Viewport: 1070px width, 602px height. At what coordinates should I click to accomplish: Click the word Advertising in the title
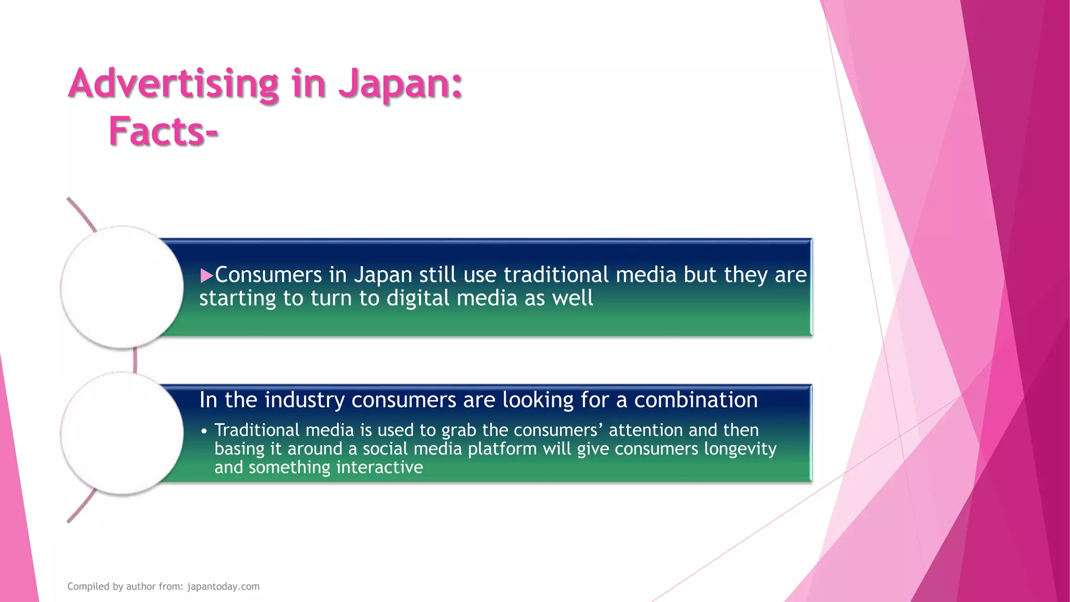[173, 84]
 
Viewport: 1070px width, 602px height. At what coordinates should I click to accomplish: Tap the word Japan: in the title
[400, 84]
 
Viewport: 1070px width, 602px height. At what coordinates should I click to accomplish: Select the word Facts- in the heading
[163, 132]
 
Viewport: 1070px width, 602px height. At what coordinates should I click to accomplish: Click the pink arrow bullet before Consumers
[206, 275]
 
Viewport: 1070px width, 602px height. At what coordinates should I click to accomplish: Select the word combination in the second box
[695, 400]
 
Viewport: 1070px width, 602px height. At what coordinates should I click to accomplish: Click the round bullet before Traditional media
[204, 432]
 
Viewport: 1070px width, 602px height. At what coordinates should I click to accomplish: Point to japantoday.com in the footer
[223, 586]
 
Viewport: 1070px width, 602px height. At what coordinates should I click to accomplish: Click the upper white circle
[122, 287]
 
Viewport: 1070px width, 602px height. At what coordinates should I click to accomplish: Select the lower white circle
[122, 433]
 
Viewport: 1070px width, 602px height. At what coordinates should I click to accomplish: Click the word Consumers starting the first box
[269, 275]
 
